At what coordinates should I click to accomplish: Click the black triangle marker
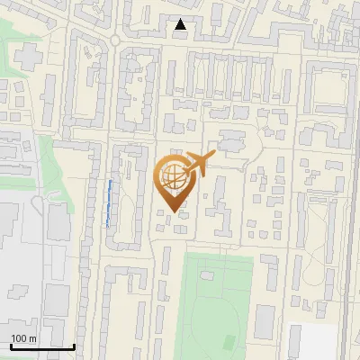click(x=181, y=24)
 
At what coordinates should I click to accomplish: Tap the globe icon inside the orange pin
click(x=171, y=174)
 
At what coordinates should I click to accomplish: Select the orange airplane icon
click(x=198, y=165)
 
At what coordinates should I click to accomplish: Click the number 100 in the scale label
click(x=19, y=337)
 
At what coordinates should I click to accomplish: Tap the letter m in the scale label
click(x=32, y=337)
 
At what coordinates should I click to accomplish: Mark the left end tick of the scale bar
click(x=10, y=345)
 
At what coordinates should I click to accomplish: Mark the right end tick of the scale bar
click(x=74, y=345)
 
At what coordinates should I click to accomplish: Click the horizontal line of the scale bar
click(x=41, y=346)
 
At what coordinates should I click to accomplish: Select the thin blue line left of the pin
click(x=109, y=203)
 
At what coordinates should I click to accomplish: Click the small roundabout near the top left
click(x=116, y=40)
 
